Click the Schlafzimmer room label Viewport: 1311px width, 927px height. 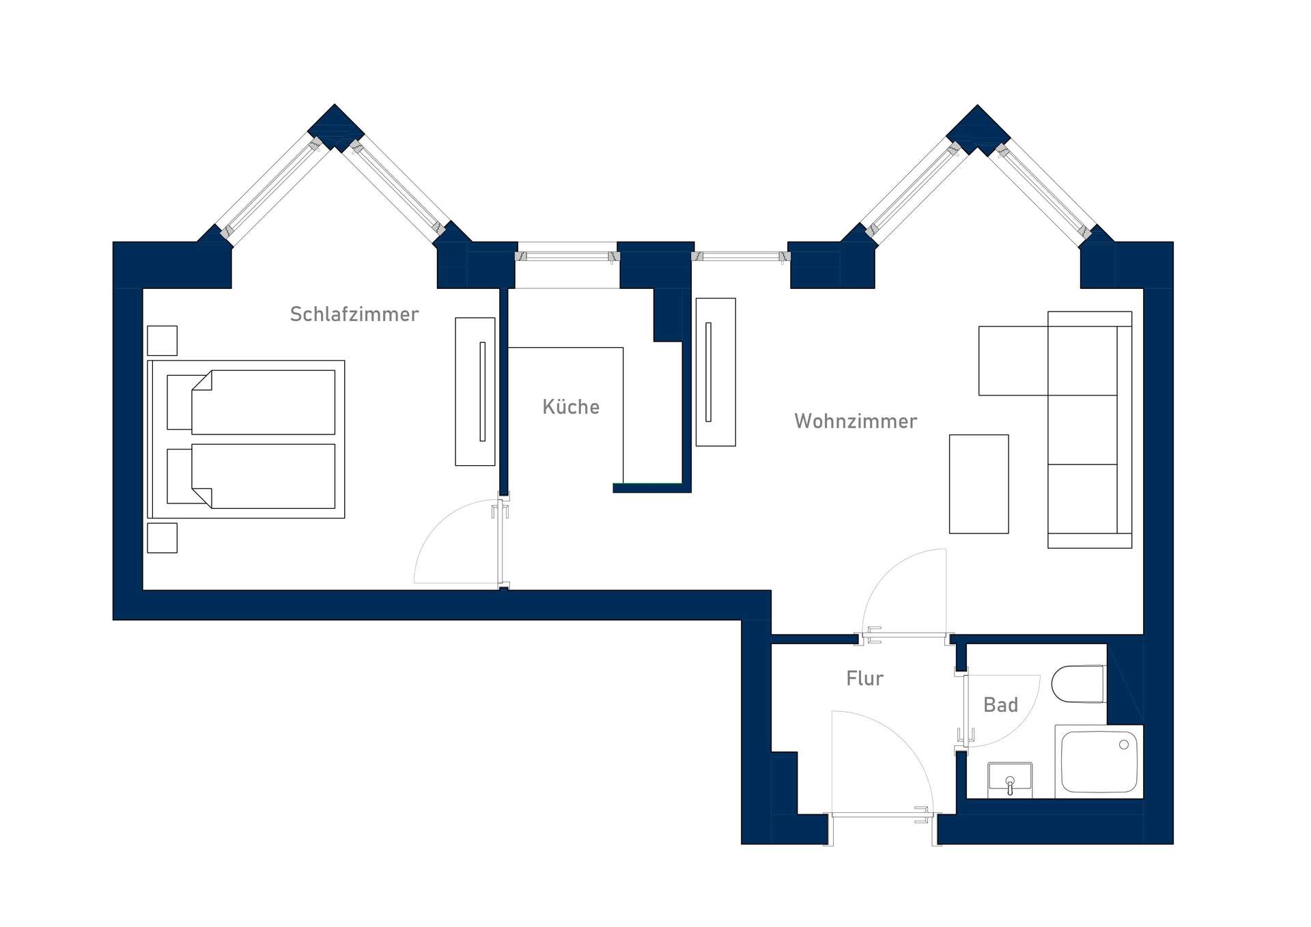pyautogui.click(x=354, y=314)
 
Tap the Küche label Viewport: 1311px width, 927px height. pyautogui.click(x=571, y=406)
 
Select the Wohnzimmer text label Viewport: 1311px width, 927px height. pyautogui.click(x=856, y=421)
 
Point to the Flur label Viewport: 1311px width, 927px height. pyautogui.click(x=864, y=678)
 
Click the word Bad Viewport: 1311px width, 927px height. pyautogui.click(x=1000, y=705)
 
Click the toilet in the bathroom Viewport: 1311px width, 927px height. pyautogui.click(x=1079, y=684)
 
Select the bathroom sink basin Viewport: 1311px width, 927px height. pyautogui.click(x=1010, y=780)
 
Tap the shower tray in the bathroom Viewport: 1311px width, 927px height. pyautogui.click(x=1099, y=762)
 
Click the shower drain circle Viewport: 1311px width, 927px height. pyautogui.click(x=1124, y=745)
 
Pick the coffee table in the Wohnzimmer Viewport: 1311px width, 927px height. pyautogui.click(x=978, y=484)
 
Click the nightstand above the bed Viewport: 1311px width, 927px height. pyautogui.click(x=163, y=340)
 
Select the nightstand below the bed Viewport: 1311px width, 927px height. pyautogui.click(x=163, y=538)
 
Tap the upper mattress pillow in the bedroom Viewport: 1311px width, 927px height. pyautogui.click(x=180, y=402)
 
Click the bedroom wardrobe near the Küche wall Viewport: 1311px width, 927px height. pyautogui.click(x=475, y=391)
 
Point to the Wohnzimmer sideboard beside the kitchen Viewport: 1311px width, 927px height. pyautogui.click(x=716, y=372)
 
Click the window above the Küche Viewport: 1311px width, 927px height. pyautogui.click(x=567, y=256)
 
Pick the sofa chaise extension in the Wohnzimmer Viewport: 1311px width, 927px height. pyautogui.click(x=1013, y=361)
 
